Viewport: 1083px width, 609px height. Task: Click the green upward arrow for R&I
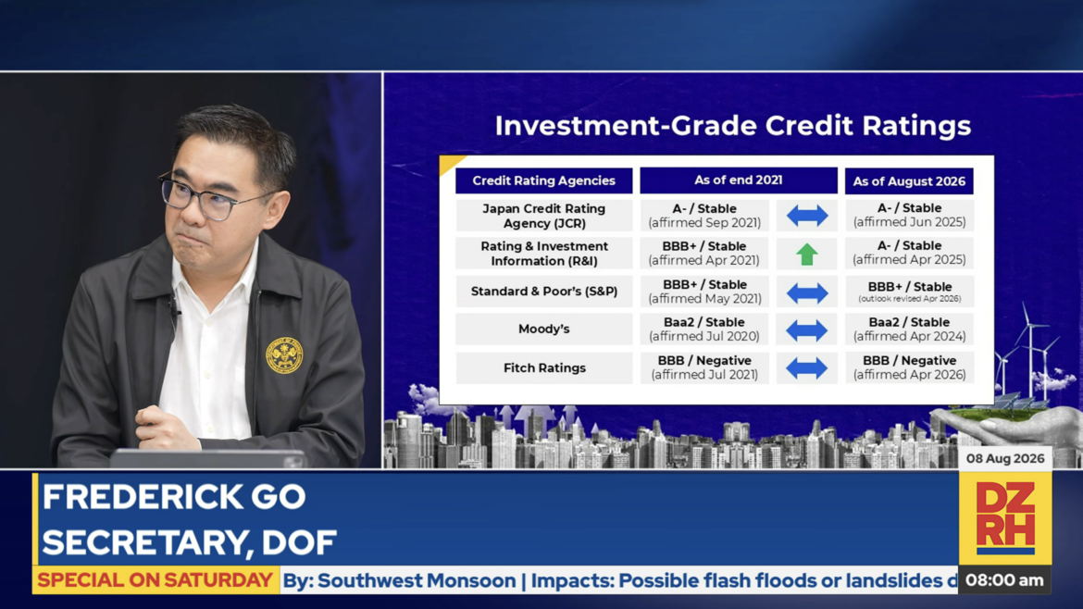(806, 255)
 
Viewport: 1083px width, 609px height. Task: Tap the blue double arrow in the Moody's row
(807, 330)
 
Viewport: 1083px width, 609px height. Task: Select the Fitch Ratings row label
(544, 368)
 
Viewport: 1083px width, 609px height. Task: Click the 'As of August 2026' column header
(909, 180)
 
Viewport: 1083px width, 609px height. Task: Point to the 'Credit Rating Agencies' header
(543, 180)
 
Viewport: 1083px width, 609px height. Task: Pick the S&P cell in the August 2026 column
(910, 292)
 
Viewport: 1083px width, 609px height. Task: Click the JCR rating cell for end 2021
(704, 216)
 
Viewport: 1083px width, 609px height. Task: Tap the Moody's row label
(544, 329)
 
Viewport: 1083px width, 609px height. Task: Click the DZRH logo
(1005, 518)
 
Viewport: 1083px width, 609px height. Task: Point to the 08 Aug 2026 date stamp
(1005, 458)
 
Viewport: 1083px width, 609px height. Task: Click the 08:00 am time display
(1004, 580)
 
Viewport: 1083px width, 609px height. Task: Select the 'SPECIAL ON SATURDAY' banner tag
(156, 580)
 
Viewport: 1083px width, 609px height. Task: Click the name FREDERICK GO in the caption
(174, 497)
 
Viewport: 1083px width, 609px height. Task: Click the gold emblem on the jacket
(284, 355)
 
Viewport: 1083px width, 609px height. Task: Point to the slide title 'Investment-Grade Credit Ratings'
(733, 126)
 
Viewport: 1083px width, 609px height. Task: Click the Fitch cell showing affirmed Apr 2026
(910, 367)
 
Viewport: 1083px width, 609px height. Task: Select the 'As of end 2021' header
(739, 180)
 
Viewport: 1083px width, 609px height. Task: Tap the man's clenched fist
(162, 427)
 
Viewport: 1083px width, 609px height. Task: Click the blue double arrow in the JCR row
(807, 217)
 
